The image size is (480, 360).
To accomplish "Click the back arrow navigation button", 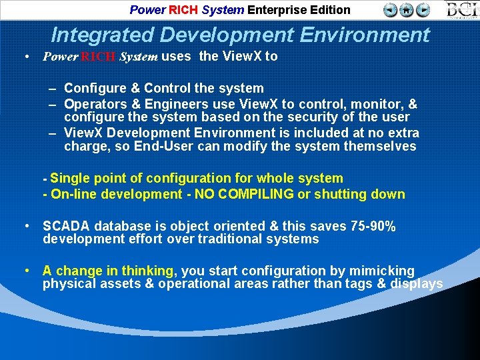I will (391, 10).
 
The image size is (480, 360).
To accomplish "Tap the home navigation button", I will (407, 10).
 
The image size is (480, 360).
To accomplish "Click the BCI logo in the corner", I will (461, 10).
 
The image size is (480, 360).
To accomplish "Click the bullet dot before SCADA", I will (25, 227).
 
